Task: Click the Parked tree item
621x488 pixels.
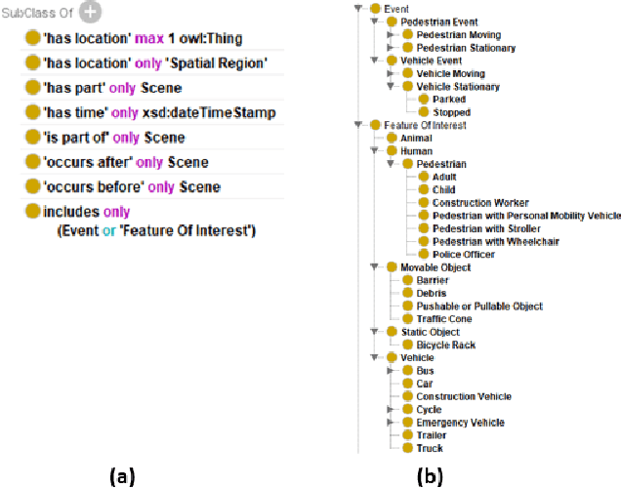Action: (450, 100)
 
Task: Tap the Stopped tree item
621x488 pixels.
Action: (452, 112)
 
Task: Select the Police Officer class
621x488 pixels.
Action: (463, 255)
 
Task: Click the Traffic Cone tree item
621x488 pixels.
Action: (444, 319)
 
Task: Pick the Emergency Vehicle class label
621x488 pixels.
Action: (460, 423)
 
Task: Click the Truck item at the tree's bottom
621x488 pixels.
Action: (429, 449)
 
